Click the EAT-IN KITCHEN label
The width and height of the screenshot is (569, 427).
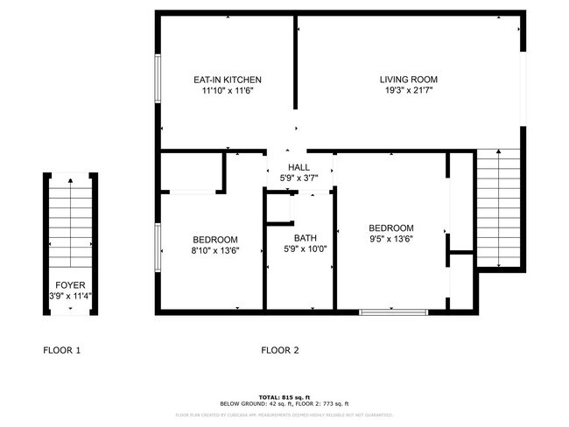coord(227,80)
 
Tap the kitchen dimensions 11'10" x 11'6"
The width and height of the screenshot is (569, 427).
coord(227,90)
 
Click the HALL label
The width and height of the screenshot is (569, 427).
coord(299,167)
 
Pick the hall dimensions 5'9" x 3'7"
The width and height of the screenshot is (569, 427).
coord(299,178)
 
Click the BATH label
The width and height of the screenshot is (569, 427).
coord(305,238)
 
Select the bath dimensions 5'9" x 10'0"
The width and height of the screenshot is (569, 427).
coord(305,249)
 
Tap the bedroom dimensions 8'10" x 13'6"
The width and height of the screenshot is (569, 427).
coord(215,250)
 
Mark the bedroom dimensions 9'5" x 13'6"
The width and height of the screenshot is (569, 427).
coord(390,235)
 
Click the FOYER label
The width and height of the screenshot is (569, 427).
coord(70,285)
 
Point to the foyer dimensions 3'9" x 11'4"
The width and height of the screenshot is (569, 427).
coord(70,296)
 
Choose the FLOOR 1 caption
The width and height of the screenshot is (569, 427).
coord(62,351)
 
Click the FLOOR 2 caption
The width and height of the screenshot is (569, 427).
coord(280,351)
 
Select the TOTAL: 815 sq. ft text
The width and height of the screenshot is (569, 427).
coord(284,395)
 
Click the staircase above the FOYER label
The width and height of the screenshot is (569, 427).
coord(70,223)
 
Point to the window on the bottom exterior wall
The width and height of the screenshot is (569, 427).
coord(393,311)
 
